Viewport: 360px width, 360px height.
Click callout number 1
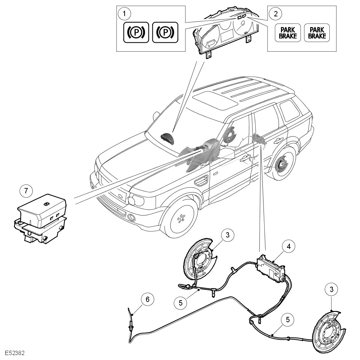(124, 14)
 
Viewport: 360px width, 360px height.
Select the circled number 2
(275, 14)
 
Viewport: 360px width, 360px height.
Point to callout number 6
(147, 299)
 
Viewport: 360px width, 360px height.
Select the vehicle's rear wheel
(284, 164)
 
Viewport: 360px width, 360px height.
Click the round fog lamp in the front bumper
(132, 217)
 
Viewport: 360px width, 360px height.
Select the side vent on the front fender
(201, 181)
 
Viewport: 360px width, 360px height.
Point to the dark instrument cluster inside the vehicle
(167, 137)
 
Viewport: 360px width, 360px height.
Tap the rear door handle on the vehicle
(277, 140)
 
